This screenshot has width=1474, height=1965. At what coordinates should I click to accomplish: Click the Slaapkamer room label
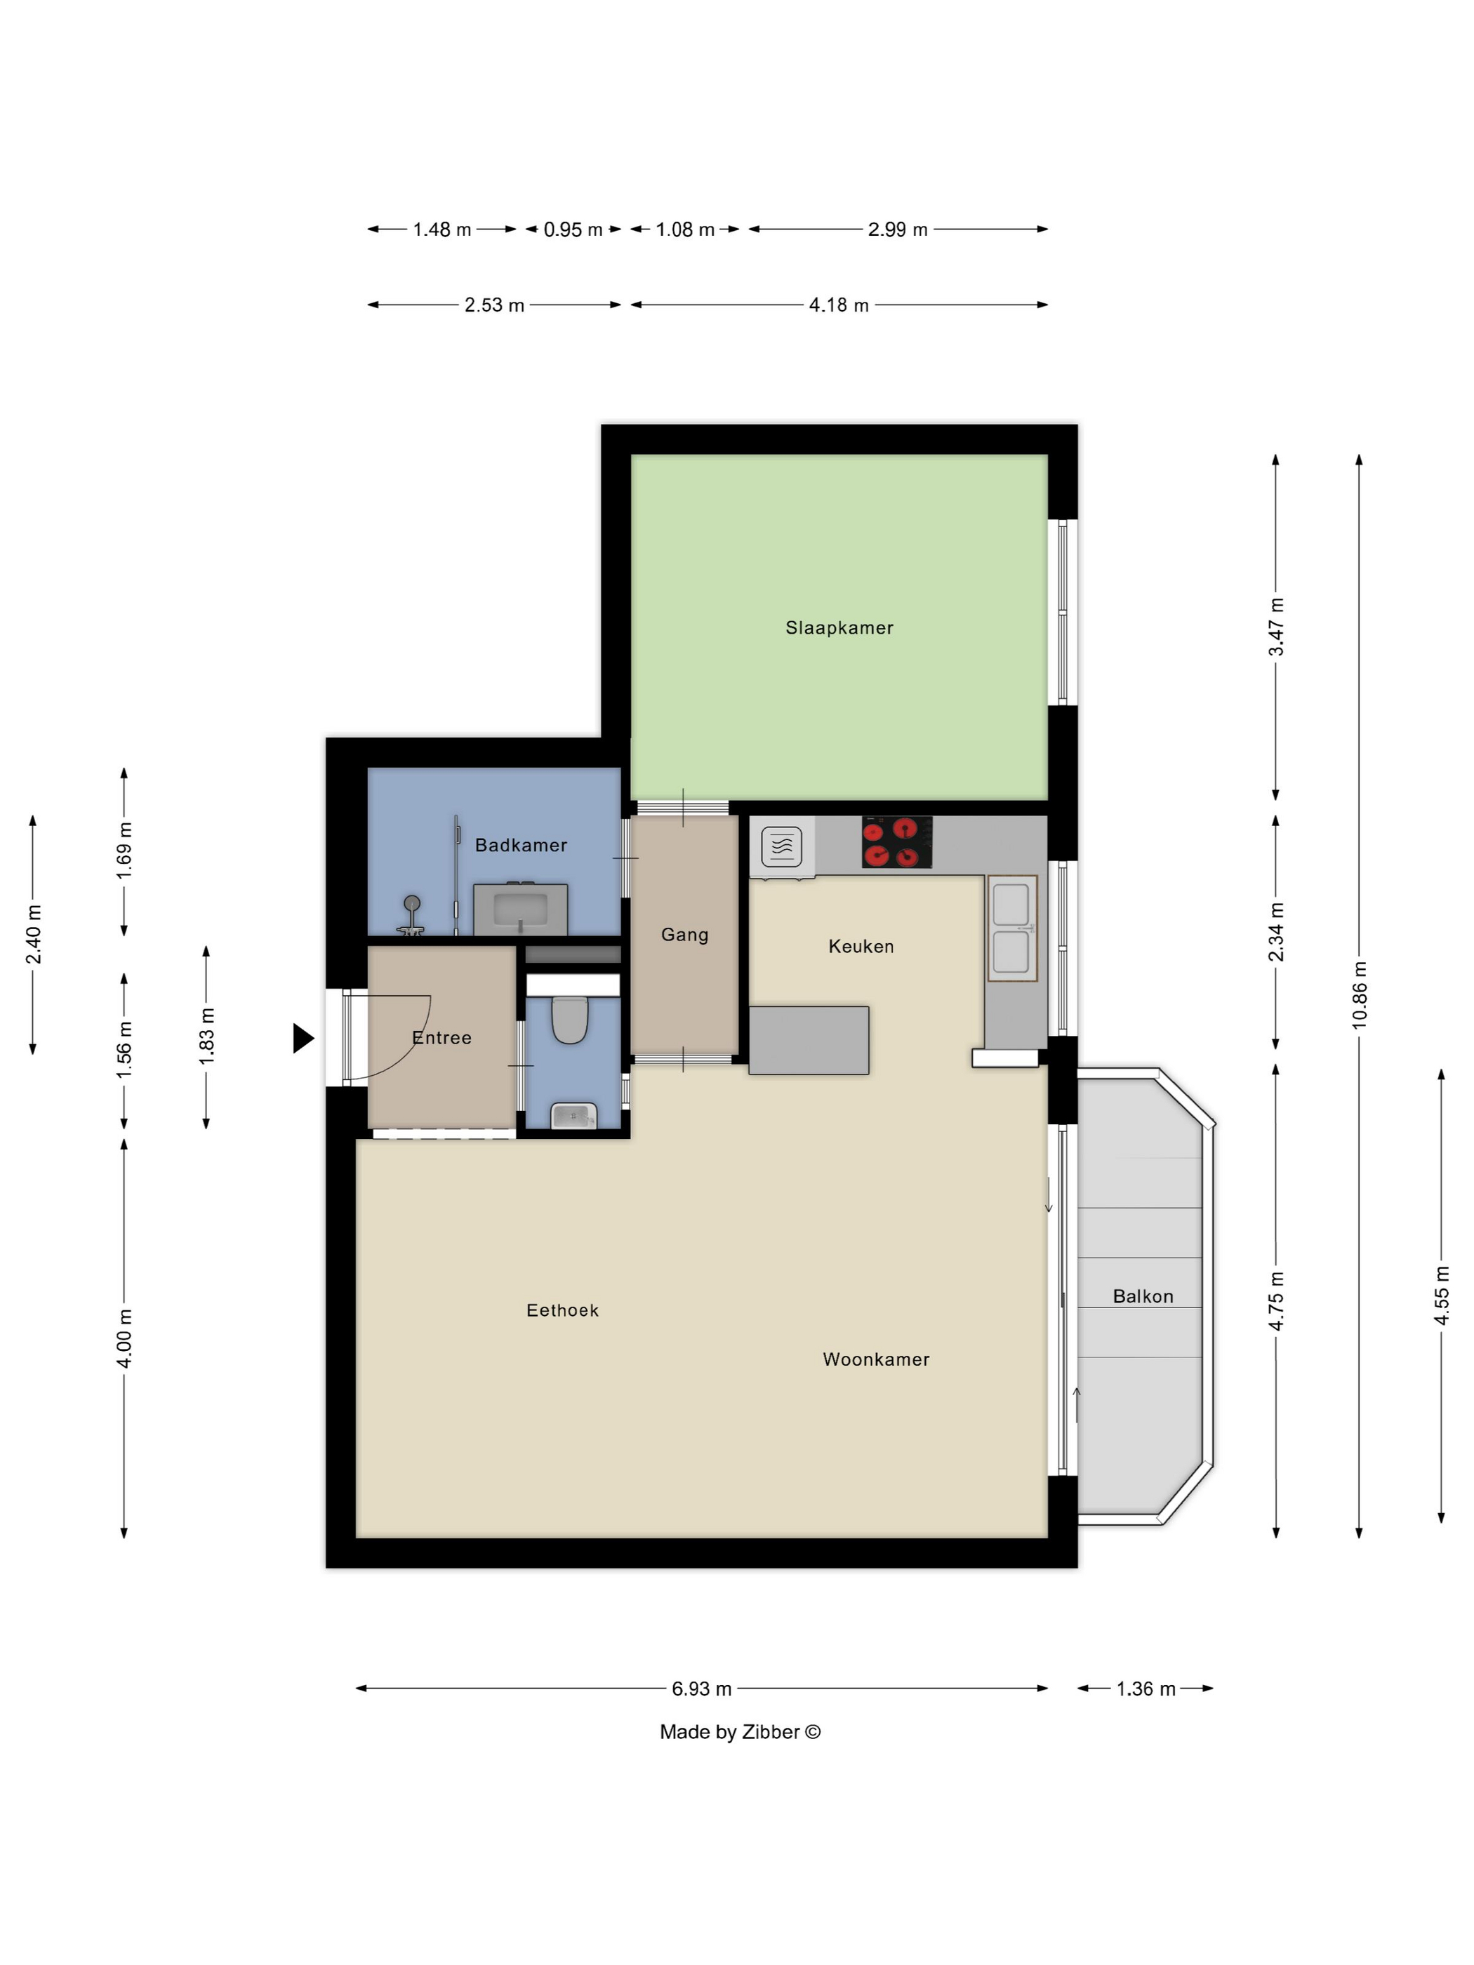pos(839,627)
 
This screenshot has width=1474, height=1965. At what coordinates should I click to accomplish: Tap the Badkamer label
pos(521,845)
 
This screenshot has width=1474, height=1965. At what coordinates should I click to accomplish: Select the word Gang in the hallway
pos(684,935)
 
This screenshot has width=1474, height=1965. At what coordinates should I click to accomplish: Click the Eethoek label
pos(562,1310)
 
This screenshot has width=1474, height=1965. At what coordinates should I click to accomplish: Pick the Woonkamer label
pos(876,1359)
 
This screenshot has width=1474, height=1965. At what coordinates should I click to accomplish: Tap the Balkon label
pos(1143,1296)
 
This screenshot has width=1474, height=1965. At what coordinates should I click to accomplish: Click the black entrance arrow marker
pos(303,1037)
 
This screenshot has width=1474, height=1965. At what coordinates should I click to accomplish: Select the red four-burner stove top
pos(896,842)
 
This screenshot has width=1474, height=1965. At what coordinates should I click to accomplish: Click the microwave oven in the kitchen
pos(782,846)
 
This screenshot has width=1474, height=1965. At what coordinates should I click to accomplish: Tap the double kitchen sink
pos(1012,928)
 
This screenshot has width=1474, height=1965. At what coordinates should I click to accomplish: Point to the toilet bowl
pos(569,1020)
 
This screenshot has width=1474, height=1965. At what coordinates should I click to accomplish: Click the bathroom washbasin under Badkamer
pos(521,909)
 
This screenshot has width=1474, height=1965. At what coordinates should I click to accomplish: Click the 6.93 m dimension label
pos(701,1688)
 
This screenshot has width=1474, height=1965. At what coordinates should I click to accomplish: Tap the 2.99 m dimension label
pos(897,229)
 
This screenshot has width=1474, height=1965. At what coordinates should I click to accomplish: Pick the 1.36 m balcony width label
pos(1146,1688)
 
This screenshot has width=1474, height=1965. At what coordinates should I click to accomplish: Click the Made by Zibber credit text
pos(740,1731)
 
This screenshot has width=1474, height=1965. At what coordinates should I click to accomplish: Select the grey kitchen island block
pos(809,1040)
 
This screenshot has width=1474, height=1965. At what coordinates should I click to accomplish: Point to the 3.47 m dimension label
pos(1276,627)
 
